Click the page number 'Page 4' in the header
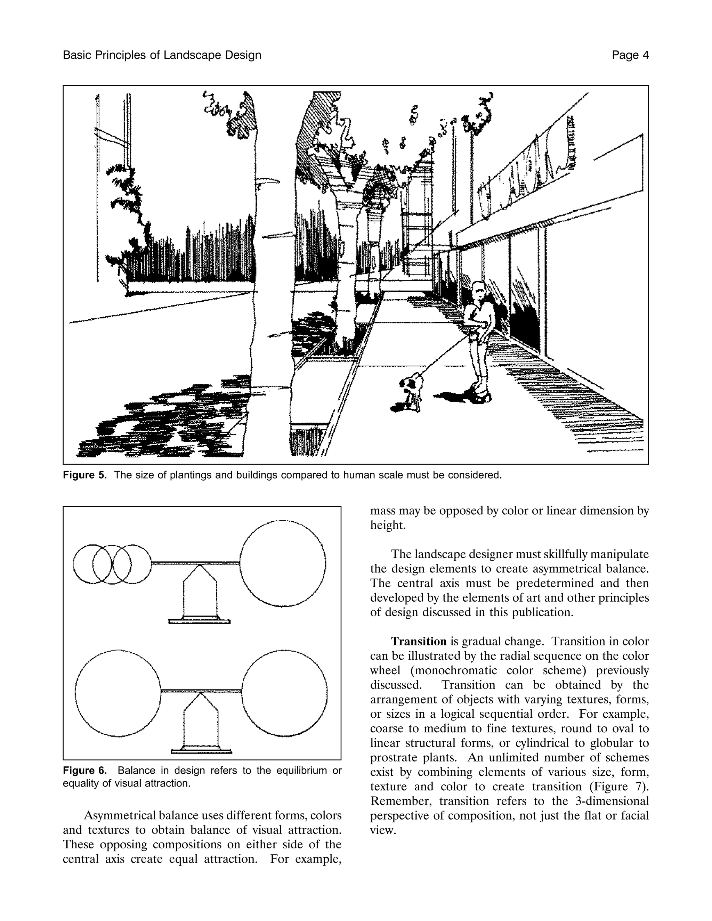pyautogui.click(x=630, y=55)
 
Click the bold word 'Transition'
pyautogui.click(x=419, y=642)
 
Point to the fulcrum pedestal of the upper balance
pyautogui.click(x=200, y=595)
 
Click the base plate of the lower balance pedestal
pyautogui.click(x=201, y=751)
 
